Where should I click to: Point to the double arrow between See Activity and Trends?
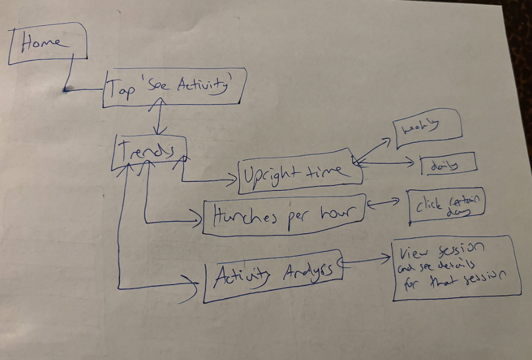pos(162,116)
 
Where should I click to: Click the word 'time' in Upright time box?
pos(330,170)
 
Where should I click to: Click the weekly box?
pos(428,129)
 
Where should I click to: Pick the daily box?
pos(448,165)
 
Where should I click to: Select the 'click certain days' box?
pos(447,204)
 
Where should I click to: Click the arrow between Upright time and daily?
pos(387,163)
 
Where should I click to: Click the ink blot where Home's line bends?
pos(66,89)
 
